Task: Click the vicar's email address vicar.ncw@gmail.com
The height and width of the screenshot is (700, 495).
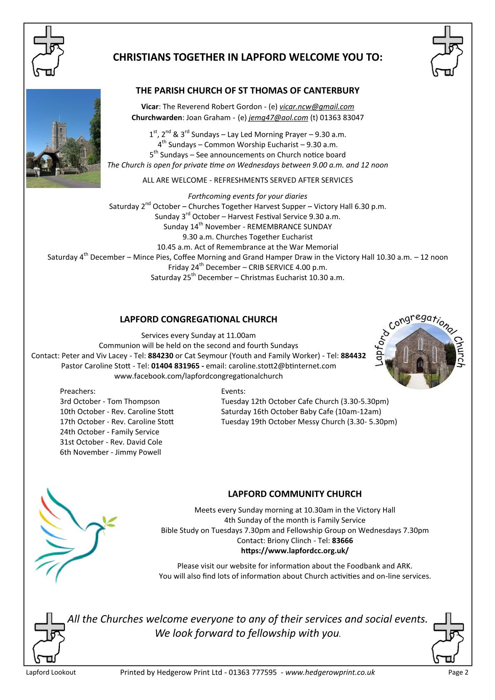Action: point(317,107)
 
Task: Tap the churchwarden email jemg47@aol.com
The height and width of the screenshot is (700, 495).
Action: point(278,118)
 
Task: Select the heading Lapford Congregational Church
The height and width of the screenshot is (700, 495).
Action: point(198,319)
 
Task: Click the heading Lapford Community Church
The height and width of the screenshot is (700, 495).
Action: point(295,494)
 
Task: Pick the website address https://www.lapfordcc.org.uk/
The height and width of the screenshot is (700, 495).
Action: point(295,551)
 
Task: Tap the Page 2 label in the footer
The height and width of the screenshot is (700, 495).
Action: point(458,673)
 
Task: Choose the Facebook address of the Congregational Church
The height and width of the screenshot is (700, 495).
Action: point(198,376)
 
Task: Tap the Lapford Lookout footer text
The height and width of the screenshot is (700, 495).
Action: point(51,673)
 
